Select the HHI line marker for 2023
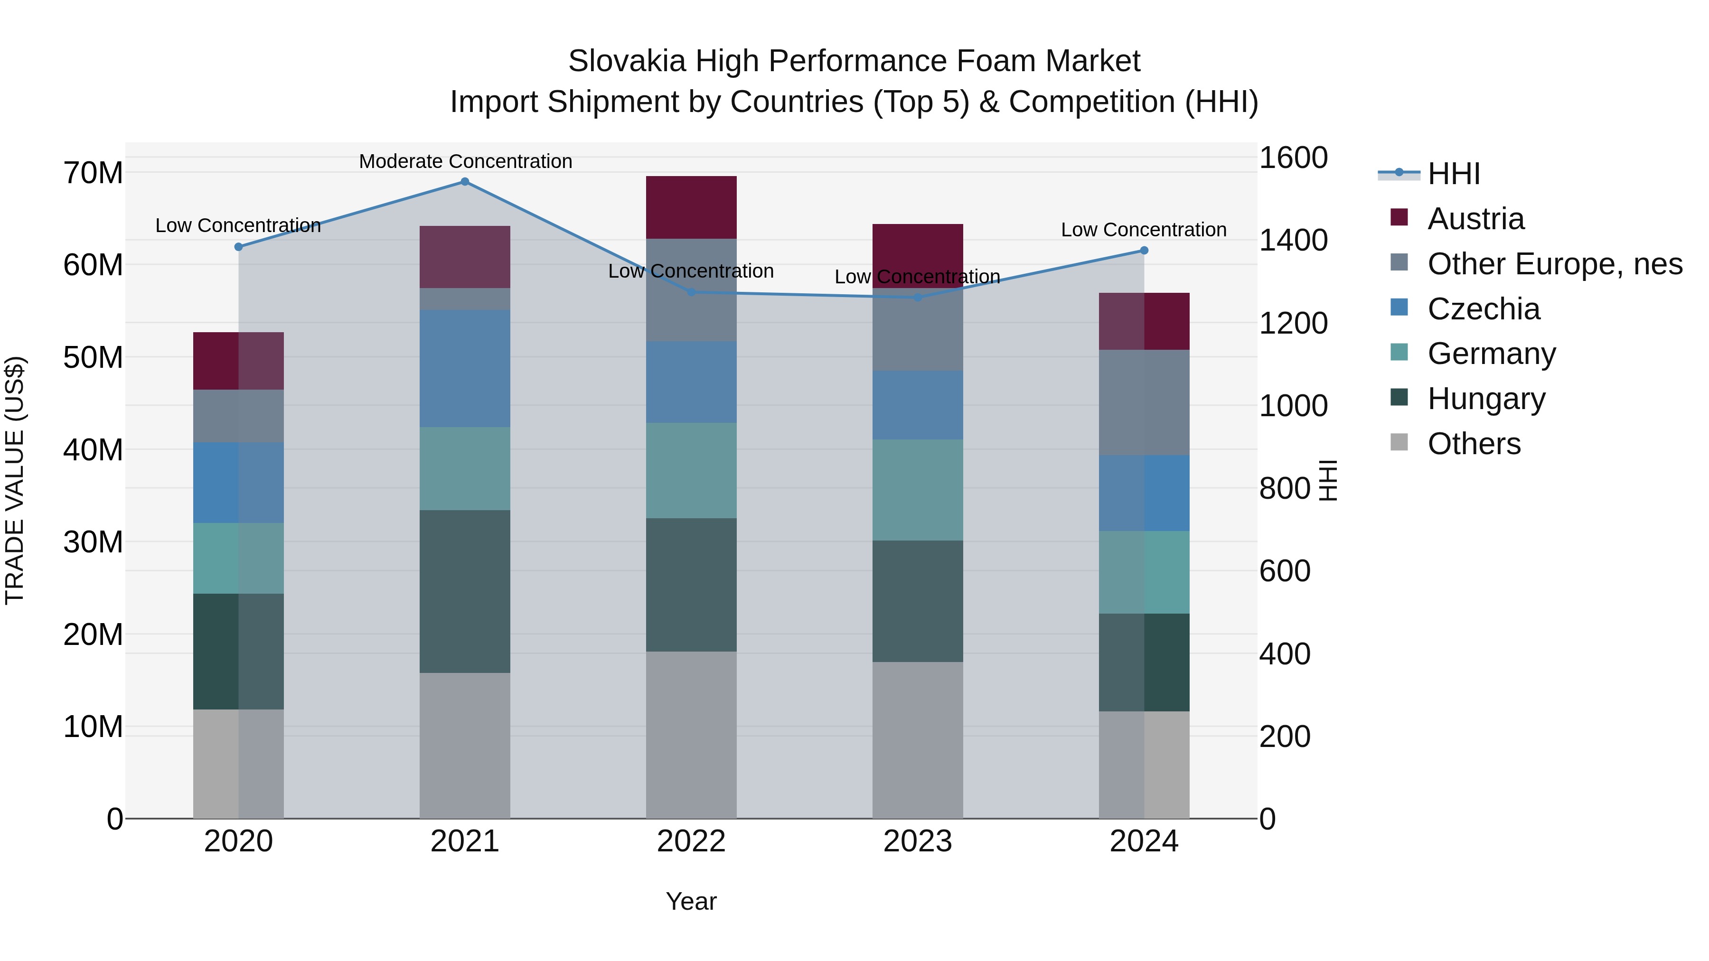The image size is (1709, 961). (918, 298)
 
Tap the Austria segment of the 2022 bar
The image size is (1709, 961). (691, 207)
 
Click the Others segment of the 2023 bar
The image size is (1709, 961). (918, 739)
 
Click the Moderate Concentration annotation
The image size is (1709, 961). (465, 161)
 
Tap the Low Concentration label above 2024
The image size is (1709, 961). (1143, 230)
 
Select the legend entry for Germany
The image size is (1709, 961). (1492, 354)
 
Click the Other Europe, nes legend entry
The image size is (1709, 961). (1554, 264)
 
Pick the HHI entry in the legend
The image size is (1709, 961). (1453, 174)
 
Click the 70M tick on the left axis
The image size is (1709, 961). (93, 173)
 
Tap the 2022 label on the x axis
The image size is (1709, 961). (691, 841)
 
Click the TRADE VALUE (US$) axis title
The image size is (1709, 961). (15, 480)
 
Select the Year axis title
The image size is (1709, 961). (691, 901)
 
